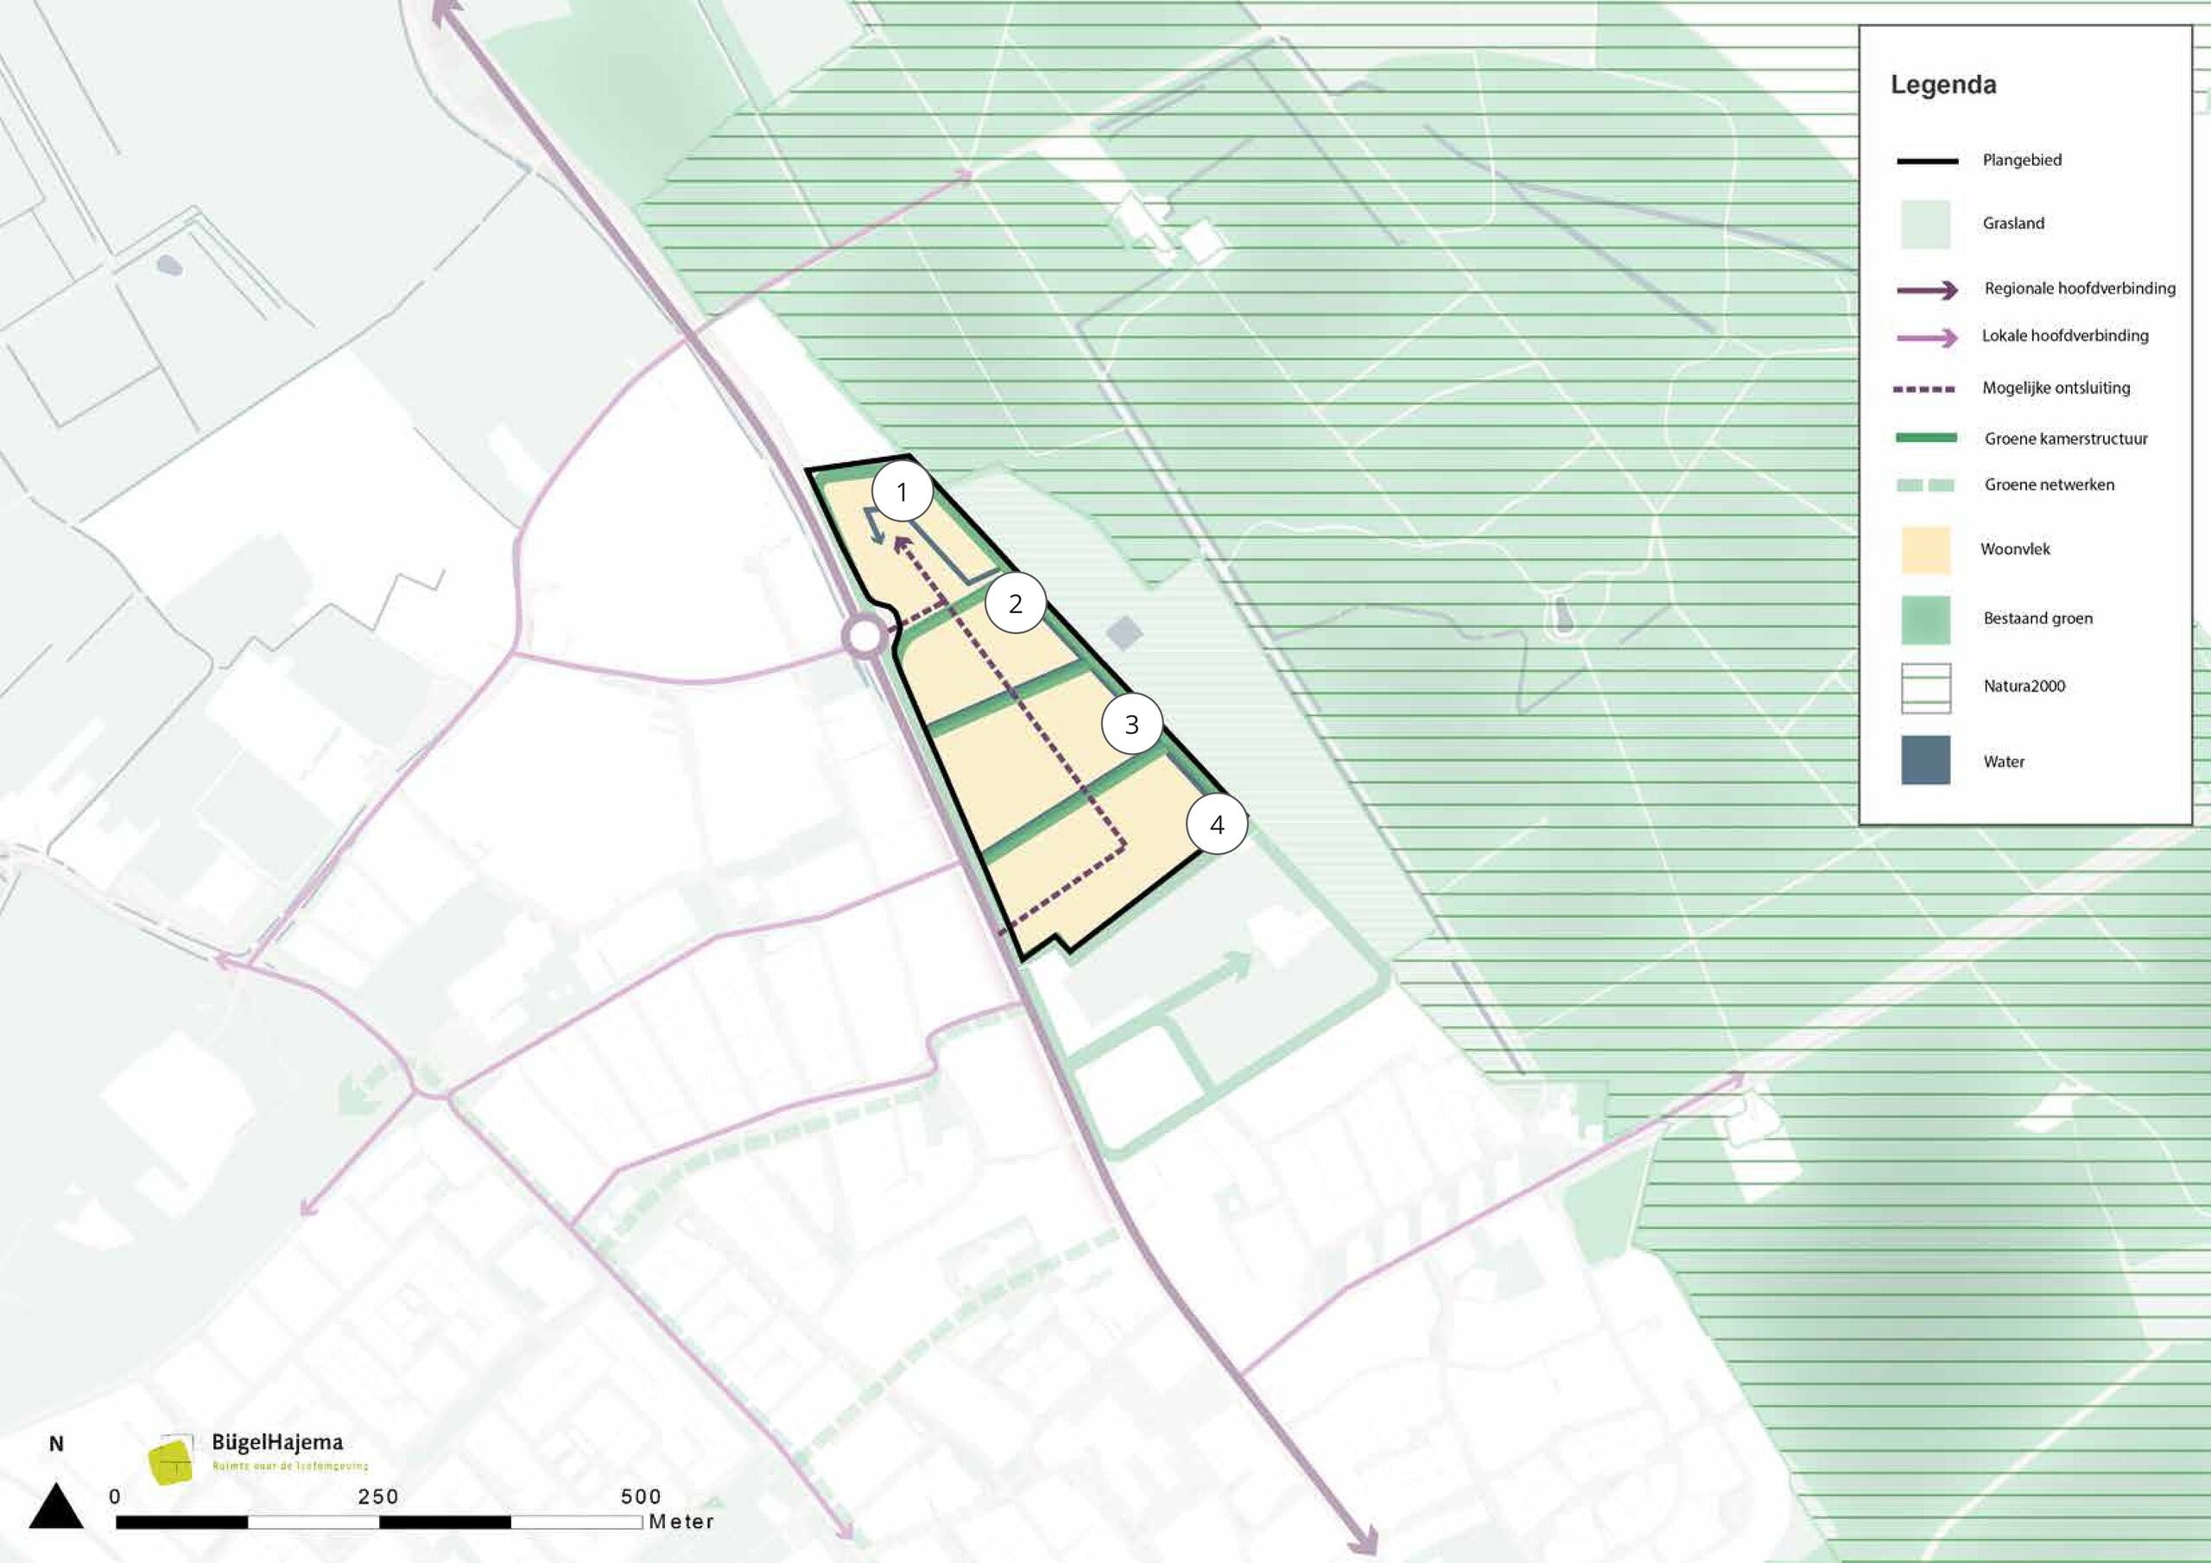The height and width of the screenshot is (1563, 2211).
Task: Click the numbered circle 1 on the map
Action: (902, 492)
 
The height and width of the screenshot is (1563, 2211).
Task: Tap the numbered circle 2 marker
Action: (1015, 604)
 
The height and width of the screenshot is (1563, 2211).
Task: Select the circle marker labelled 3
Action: (1131, 725)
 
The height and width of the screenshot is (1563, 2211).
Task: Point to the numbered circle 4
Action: (1216, 825)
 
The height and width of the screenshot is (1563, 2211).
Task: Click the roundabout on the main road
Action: (864, 636)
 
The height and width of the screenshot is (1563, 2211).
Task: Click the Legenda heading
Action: (1942, 85)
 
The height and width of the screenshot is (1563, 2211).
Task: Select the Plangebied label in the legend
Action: (2021, 160)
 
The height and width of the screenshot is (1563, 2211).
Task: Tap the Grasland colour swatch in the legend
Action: (1925, 225)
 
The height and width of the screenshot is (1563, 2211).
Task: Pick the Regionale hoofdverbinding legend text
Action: (2079, 288)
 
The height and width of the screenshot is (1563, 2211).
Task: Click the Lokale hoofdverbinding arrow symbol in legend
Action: (1926, 337)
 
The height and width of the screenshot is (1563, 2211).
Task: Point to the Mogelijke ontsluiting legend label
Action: (2055, 388)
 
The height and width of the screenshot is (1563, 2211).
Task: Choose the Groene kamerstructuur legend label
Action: (2065, 438)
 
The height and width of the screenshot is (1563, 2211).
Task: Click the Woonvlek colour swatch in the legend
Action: (1925, 550)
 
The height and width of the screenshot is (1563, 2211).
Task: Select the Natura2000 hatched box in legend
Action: (1925, 687)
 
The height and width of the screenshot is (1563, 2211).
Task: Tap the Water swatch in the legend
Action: (1925, 761)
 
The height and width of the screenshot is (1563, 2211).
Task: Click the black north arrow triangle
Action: (56, 1508)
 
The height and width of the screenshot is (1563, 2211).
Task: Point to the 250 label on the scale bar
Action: (377, 1497)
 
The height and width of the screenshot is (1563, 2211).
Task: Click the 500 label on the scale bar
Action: (640, 1497)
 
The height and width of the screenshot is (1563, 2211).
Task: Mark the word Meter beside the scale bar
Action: (681, 1522)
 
